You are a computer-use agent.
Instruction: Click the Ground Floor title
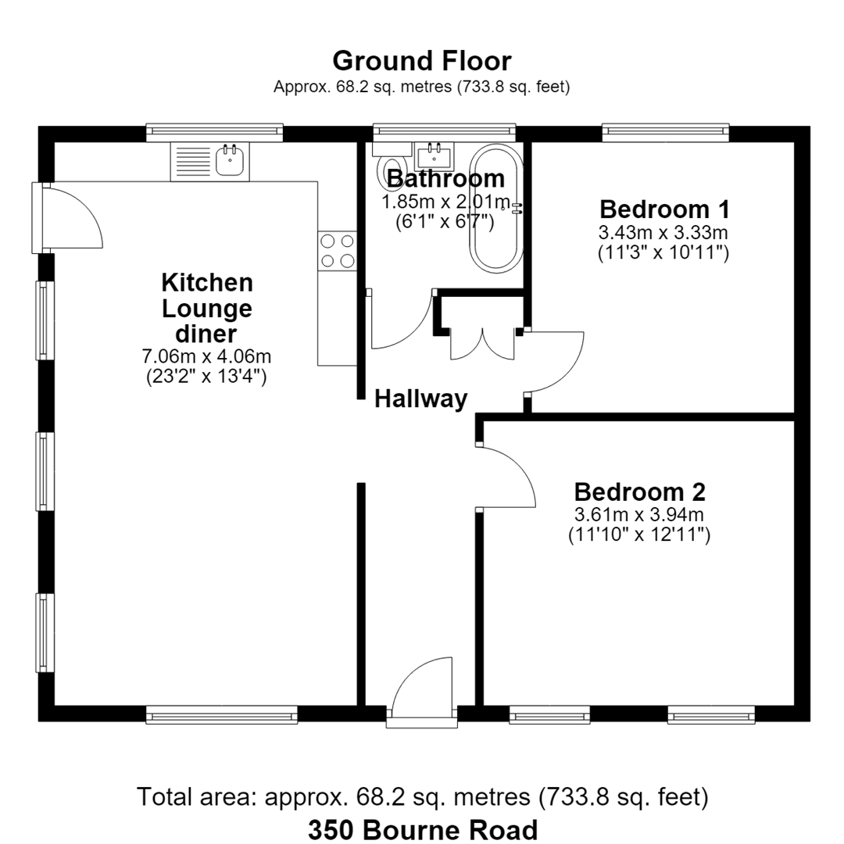(421, 61)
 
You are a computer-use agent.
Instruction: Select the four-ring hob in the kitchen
(338, 250)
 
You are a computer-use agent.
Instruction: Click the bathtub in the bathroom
(496, 206)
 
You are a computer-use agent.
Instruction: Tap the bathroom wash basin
(434, 156)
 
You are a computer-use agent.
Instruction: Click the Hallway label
(421, 399)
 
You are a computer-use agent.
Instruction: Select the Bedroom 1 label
(665, 209)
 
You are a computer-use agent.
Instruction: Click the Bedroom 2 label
(639, 492)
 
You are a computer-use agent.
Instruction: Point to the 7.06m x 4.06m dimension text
(206, 356)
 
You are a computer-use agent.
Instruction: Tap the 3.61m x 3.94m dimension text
(639, 514)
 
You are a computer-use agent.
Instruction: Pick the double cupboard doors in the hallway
(482, 343)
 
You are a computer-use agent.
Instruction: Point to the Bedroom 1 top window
(665, 133)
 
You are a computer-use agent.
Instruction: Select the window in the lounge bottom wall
(222, 714)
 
